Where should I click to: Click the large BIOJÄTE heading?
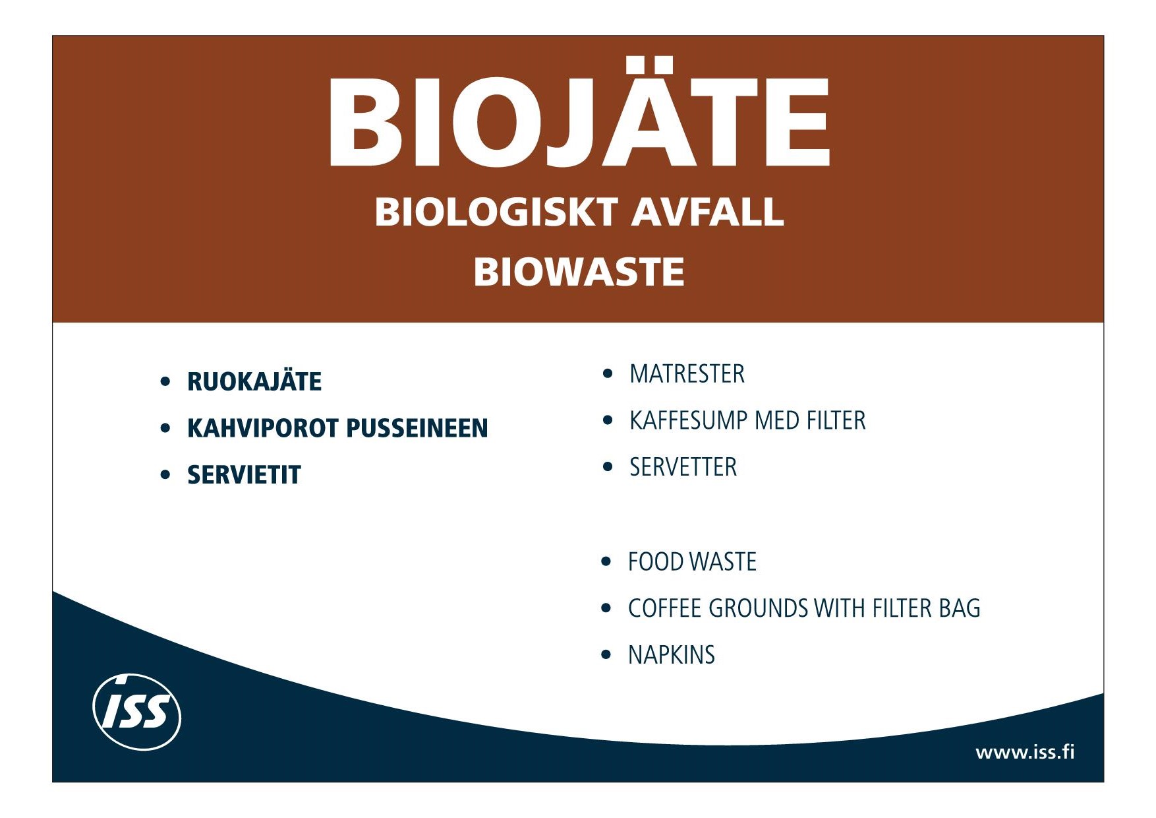(579, 113)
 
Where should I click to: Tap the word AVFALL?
(708, 212)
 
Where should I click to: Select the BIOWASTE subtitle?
(579, 272)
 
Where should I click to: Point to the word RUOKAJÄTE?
(254, 381)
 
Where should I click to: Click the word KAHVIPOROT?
(263, 428)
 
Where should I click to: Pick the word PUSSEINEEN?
(417, 428)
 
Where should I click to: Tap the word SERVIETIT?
(244, 475)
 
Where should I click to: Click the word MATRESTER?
(687, 374)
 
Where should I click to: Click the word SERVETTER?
(683, 467)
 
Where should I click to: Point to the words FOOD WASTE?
(692, 562)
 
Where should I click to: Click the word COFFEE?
(664, 608)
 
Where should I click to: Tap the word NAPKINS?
(671, 655)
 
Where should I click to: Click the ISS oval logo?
(137, 712)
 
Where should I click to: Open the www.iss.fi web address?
(1025, 752)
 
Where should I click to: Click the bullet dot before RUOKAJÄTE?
(165, 381)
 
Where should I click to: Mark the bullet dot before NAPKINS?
(606, 655)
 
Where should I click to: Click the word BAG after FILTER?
(960, 608)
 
